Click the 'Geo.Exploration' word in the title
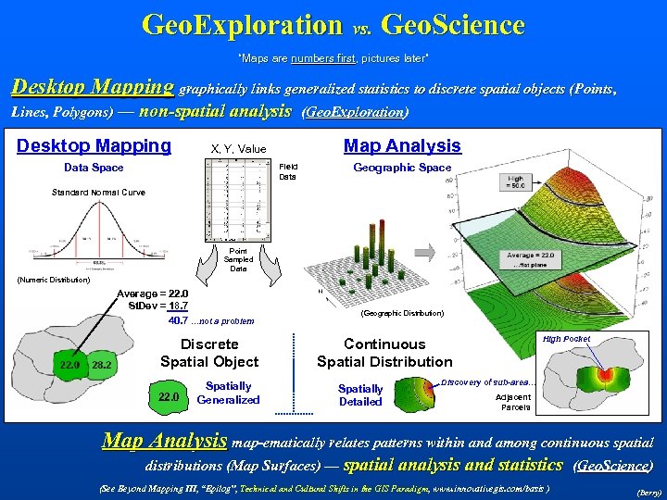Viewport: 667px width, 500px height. click(242, 25)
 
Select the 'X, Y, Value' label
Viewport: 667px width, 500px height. click(238, 149)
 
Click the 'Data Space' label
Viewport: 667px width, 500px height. click(94, 168)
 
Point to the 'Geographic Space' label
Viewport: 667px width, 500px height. click(402, 168)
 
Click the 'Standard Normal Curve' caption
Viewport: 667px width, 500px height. click(98, 193)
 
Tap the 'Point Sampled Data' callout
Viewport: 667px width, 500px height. click(238, 259)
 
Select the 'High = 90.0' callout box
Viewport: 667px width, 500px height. click(516, 183)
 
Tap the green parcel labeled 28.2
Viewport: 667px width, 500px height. click(102, 365)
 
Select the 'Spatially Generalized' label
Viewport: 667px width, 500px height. click(229, 393)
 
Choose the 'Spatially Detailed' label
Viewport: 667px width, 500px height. click(360, 395)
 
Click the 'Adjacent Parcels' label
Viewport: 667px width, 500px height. click(515, 402)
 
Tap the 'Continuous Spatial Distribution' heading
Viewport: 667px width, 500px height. click(384, 353)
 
